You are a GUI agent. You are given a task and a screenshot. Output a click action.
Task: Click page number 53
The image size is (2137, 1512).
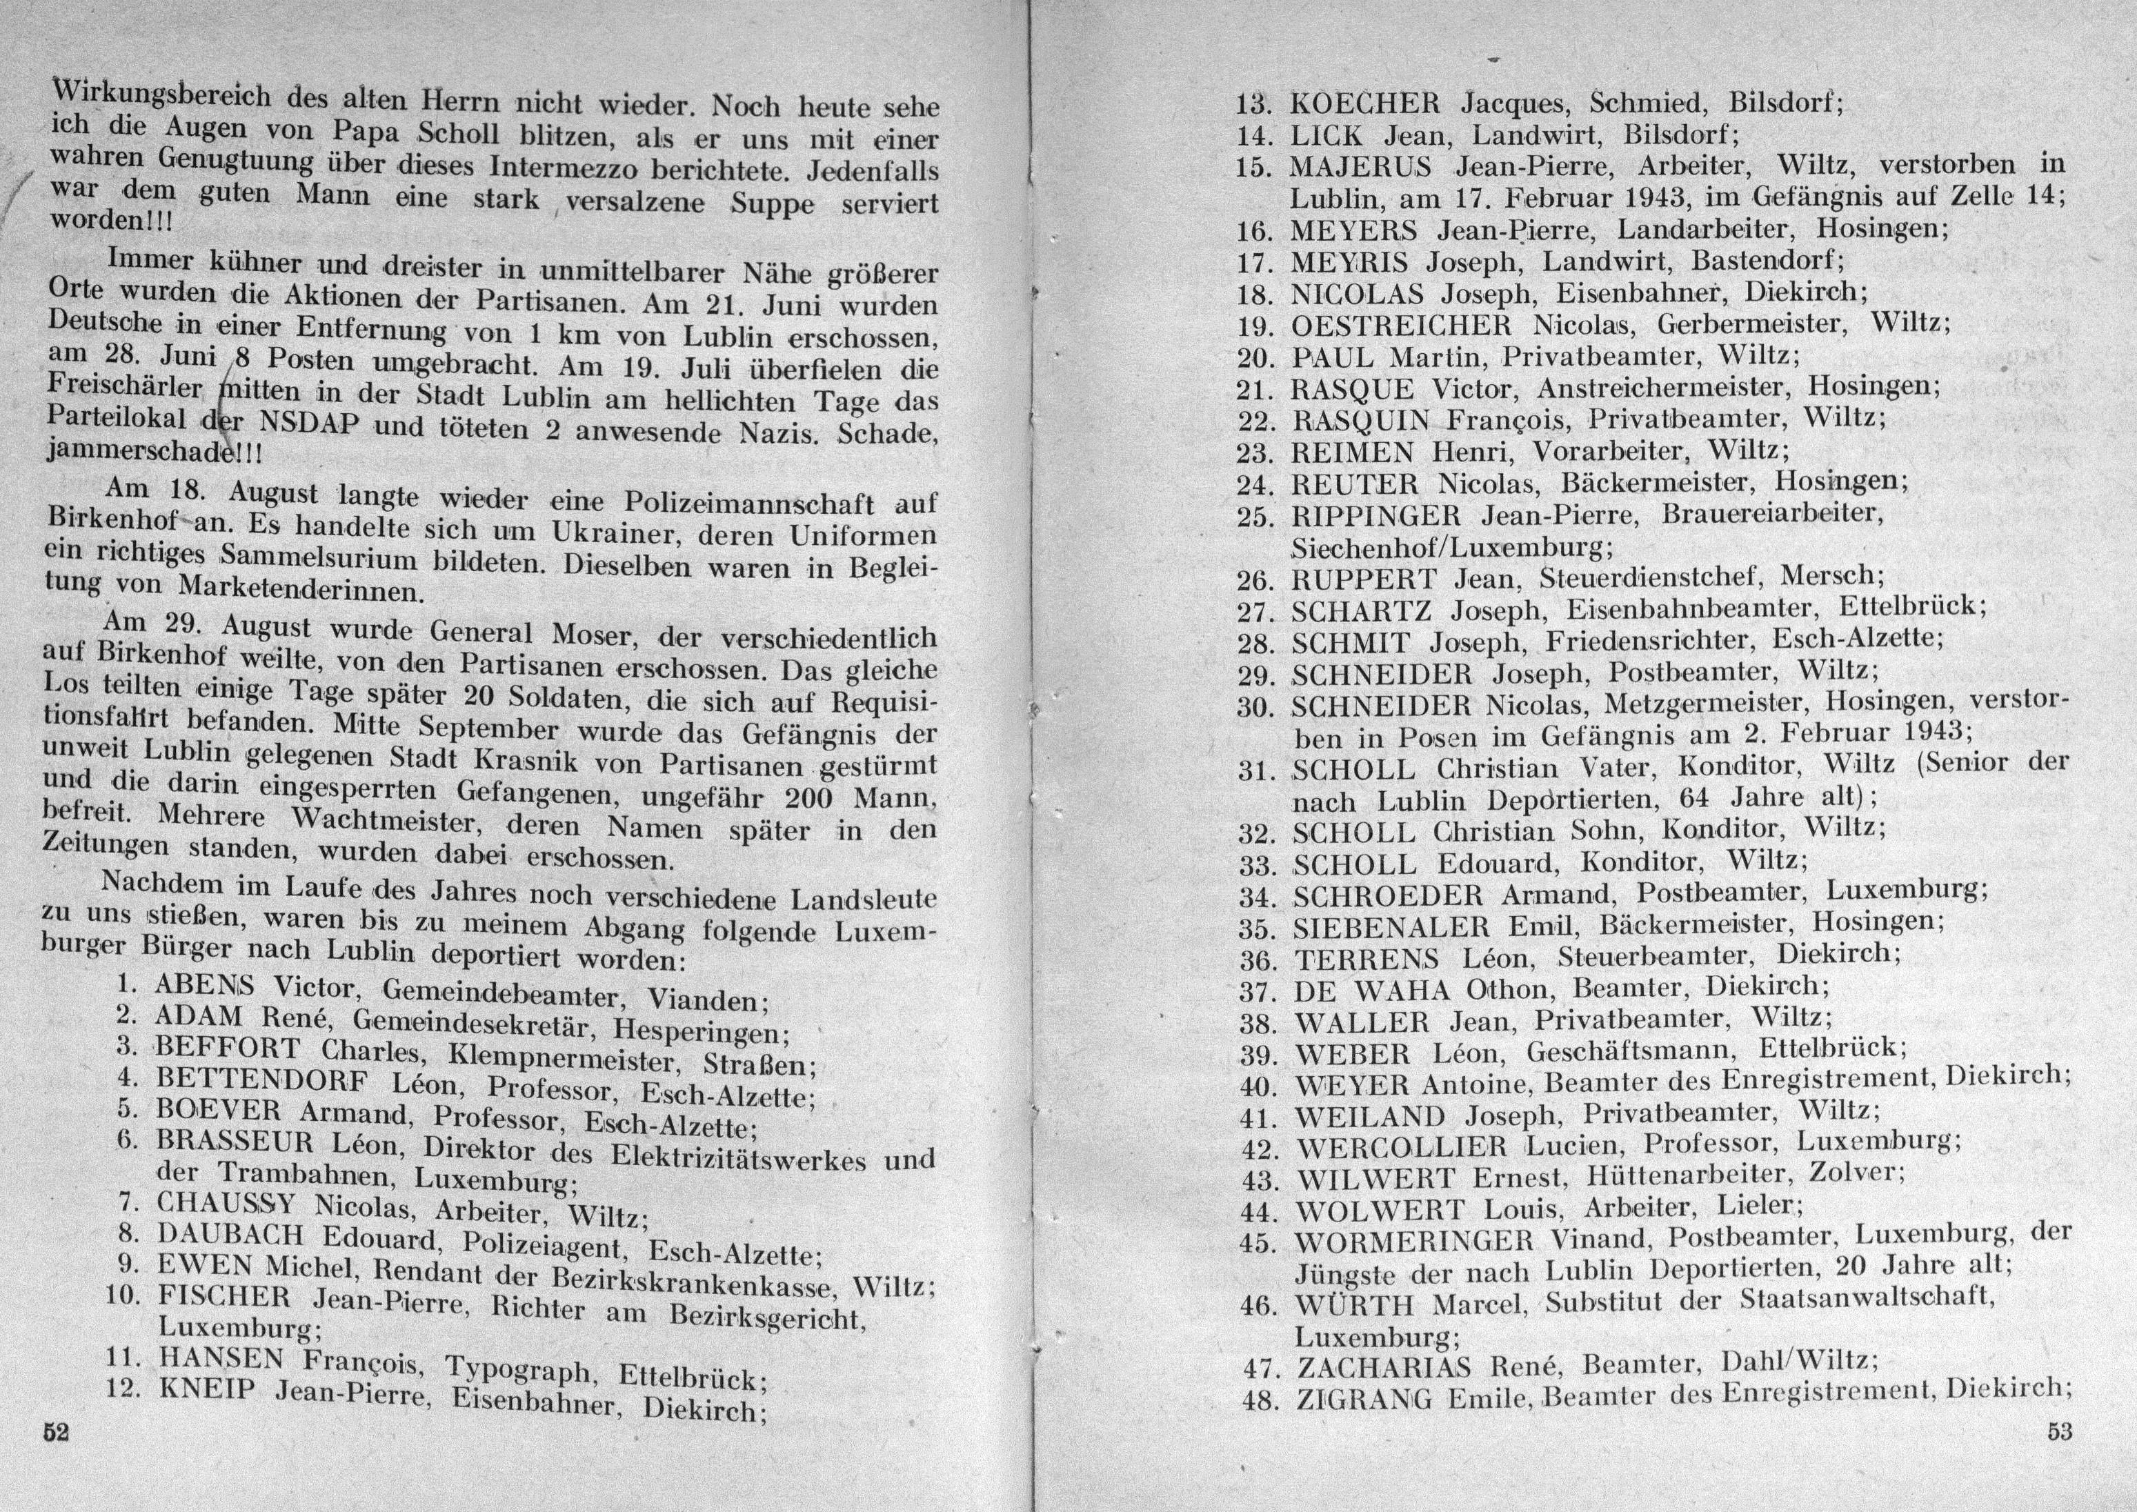pos(2060,1431)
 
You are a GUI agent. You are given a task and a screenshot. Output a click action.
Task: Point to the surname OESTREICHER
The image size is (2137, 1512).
pos(1402,326)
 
